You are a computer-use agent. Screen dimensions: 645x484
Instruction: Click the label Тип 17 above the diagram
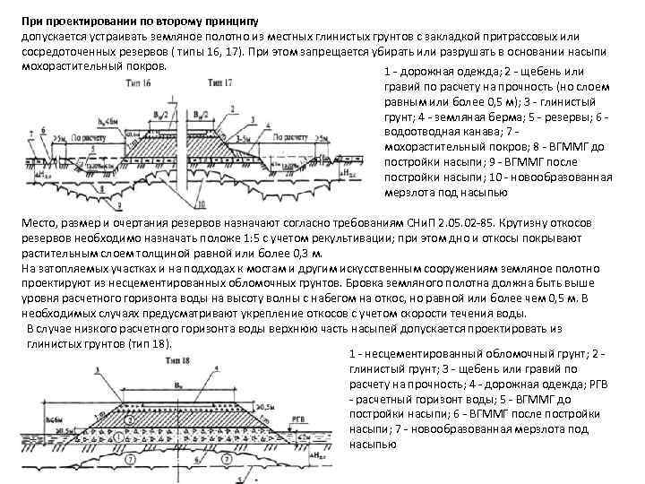[x=220, y=83]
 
